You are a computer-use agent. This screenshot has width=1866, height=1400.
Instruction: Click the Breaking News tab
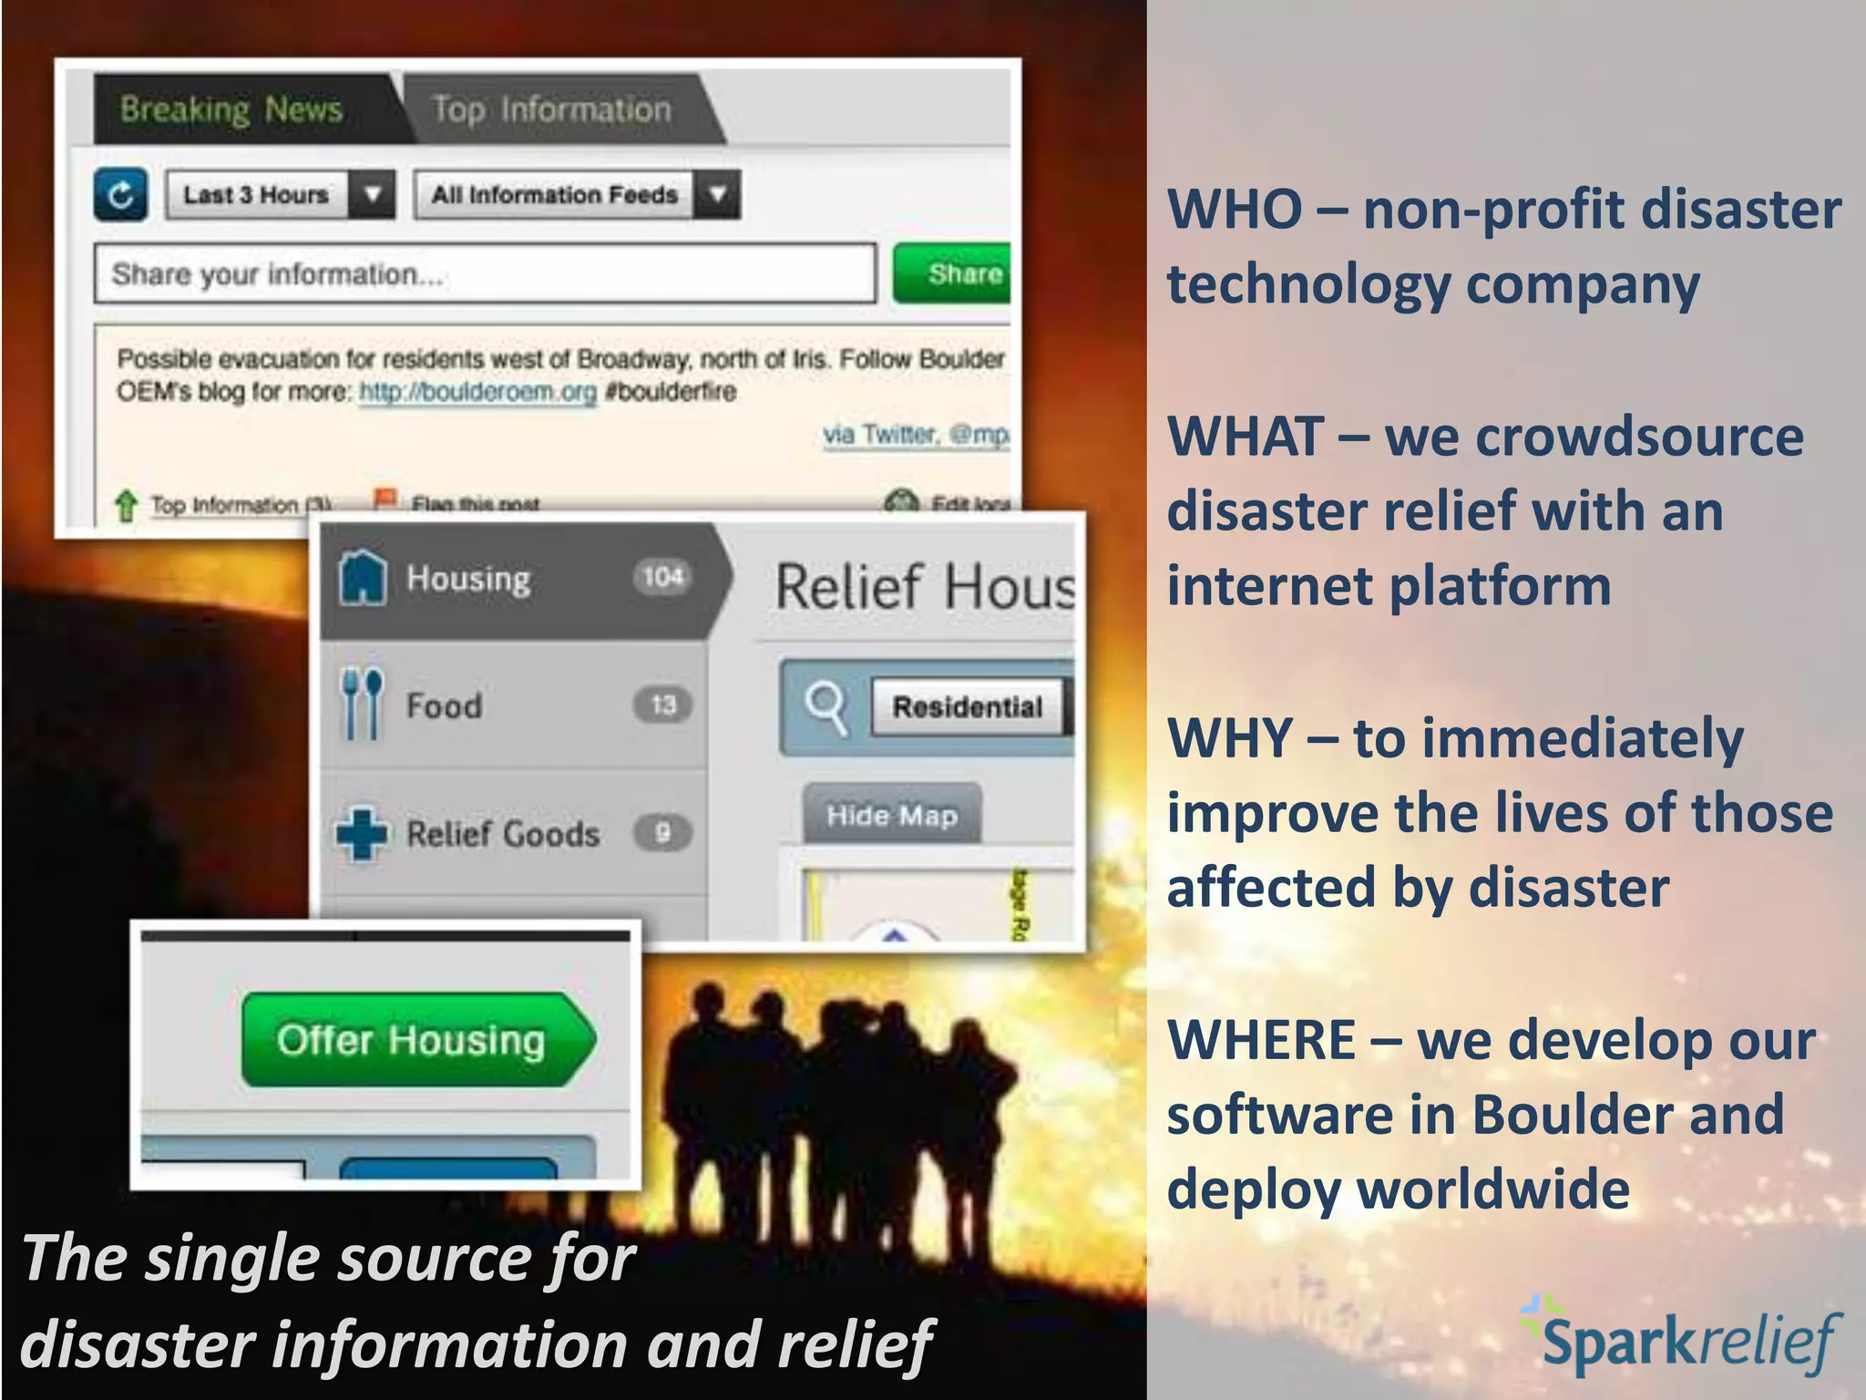[231, 109]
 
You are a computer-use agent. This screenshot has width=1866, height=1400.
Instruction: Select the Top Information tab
[551, 109]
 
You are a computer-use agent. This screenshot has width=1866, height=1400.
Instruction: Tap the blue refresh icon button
[121, 194]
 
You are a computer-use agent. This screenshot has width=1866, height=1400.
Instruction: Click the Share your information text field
[485, 273]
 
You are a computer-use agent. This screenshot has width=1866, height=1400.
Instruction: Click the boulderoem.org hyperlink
[477, 392]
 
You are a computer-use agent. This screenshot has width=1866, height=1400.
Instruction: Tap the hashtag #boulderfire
[671, 392]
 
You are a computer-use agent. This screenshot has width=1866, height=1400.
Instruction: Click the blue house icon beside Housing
[363, 577]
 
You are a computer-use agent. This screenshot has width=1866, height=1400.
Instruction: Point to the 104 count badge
[662, 576]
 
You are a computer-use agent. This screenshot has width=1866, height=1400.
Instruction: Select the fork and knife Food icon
[362, 704]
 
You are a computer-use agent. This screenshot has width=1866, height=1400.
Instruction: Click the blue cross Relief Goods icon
[362, 833]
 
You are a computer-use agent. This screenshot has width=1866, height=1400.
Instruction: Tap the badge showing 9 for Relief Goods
[662, 832]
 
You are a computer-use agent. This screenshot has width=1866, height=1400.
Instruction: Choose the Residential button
[968, 706]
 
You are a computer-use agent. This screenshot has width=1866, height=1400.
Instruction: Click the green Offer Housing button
[415, 1040]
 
